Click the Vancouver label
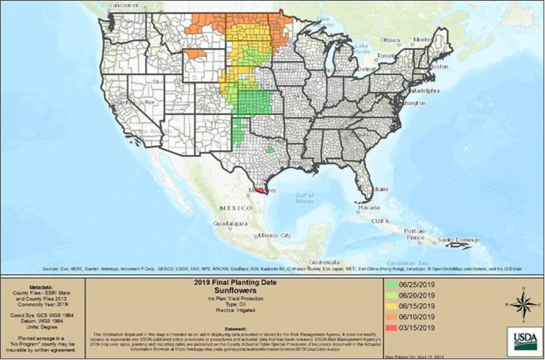pos(122,4)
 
